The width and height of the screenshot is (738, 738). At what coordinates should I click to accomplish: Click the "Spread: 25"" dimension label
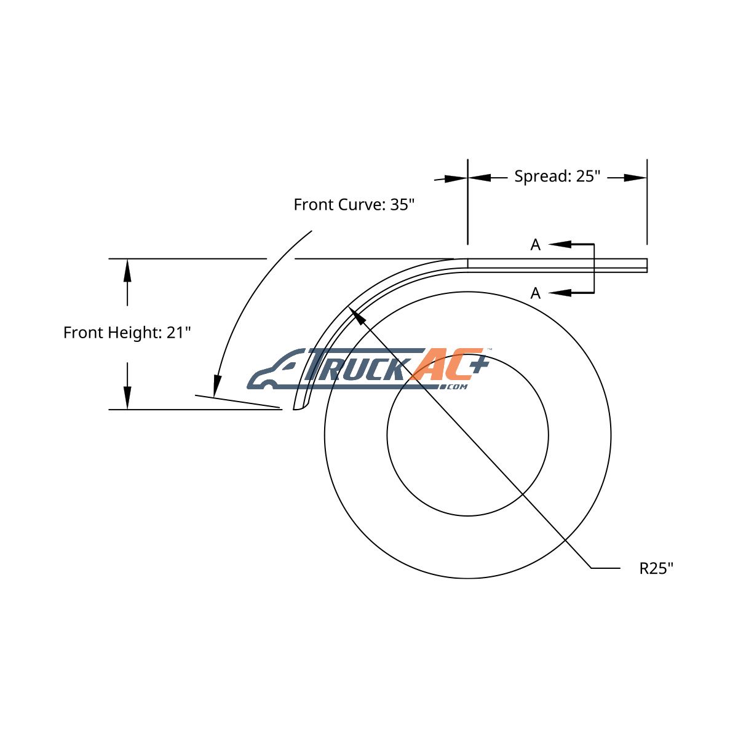pyautogui.click(x=557, y=177)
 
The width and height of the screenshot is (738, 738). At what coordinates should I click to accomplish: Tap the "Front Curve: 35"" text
pyautogui.click(x=354, y=205)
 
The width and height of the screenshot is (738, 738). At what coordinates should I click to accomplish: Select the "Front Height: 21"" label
pyautogui.click(x=127, y=333)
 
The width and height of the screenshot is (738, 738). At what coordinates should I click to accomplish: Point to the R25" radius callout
pyautogui.click(x=656, y=568)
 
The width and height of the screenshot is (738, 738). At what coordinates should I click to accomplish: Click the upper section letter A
pyautogui.click(x=536, y=245)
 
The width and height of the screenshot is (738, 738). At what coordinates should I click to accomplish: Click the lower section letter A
pyautogui.click(x=536, y=293)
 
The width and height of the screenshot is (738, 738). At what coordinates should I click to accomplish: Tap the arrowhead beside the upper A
pyautogui.click(x=560, y=244)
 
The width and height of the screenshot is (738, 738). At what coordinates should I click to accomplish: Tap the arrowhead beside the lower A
pyautogui.click(x=560, y=293)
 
